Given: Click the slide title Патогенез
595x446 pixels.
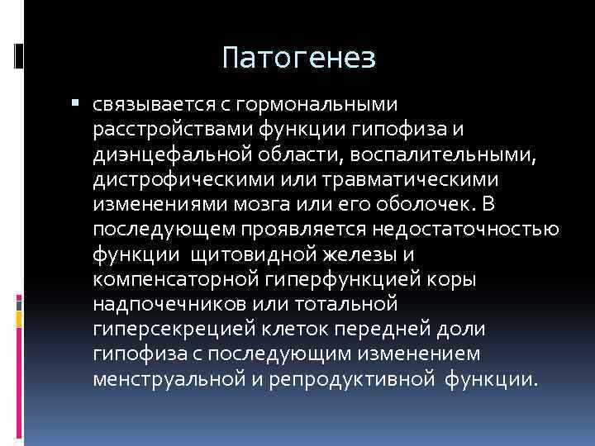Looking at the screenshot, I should tap(299, 58).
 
